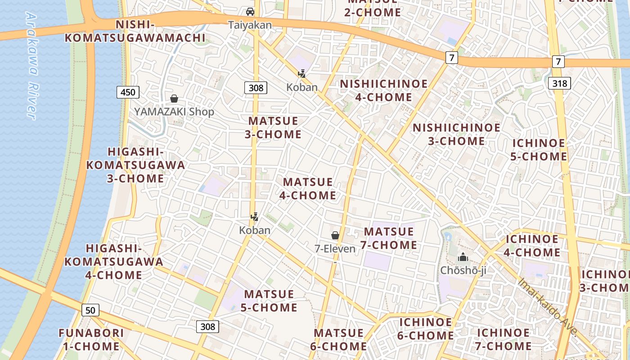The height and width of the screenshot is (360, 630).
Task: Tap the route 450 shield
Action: click(128, 93)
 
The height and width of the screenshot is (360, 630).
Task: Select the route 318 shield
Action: click(559, 83)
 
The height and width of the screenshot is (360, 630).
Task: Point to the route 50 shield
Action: click(90, 310)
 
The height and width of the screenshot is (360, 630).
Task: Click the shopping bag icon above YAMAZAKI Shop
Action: click(174, 99)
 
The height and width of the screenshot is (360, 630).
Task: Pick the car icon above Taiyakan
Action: click(250, 12)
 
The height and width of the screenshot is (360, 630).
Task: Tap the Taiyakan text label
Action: click(250, 25)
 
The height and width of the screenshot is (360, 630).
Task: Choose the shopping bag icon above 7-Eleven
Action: click(335, 235)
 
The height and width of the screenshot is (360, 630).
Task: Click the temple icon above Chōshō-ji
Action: click(463, 257)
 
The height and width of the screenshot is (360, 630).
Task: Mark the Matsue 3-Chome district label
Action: click(273, 128)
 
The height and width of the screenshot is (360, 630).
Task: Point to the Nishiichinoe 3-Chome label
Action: click(456, 134)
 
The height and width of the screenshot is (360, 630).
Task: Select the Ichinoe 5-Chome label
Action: click(539, 150)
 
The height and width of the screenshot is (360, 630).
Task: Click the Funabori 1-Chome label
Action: click(91, 340)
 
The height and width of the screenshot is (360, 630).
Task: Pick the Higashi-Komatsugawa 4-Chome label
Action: click(114, 261)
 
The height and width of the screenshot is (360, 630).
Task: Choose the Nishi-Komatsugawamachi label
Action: click(135, 31)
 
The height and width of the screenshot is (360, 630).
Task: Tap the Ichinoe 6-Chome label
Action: click(426, 329)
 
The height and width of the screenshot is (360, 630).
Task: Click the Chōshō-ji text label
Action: click(463, 270)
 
